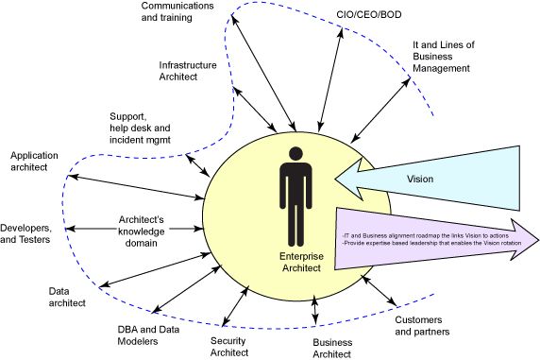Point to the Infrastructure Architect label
[188, 71]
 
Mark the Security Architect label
[228, 346]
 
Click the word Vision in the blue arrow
[419, 178]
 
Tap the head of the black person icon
[296, 154]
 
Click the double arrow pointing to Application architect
[137, 187]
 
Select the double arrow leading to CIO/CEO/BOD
[331, 79]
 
